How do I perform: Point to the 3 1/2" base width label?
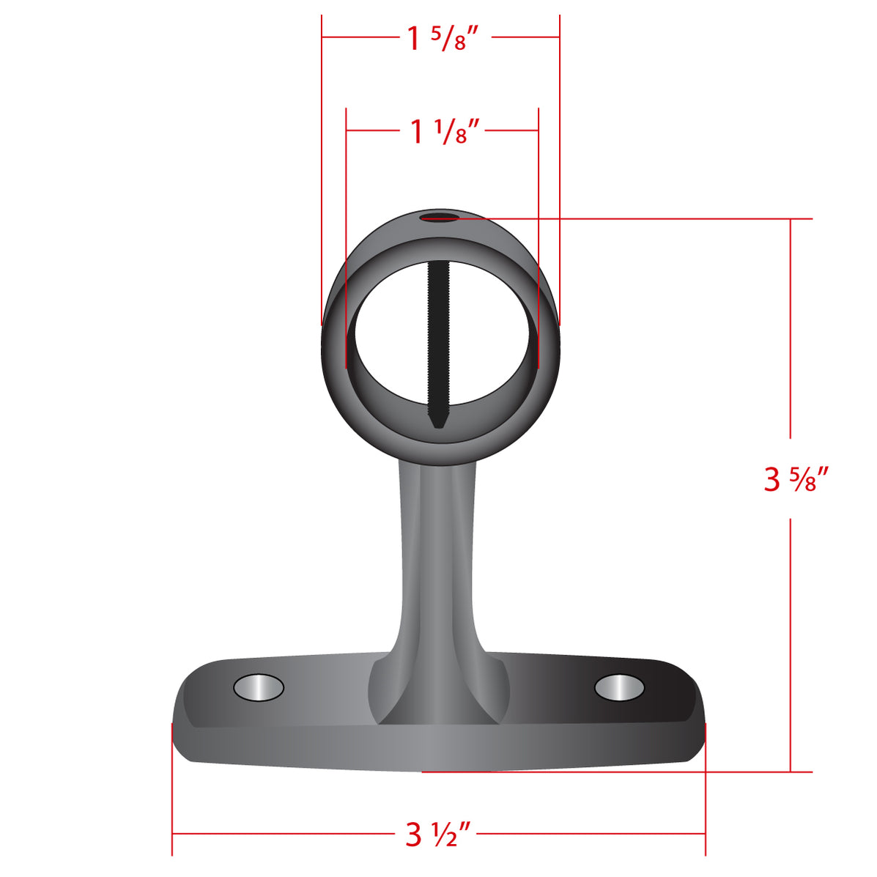click(438, 834)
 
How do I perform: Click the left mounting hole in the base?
click(258, 688)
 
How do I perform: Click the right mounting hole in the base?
click(619, 688)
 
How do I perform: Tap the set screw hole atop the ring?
click(438, 217)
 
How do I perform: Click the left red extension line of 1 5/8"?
click(322, 169)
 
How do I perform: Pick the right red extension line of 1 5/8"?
click(560, 169)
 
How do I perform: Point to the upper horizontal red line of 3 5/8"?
click(659, 218)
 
